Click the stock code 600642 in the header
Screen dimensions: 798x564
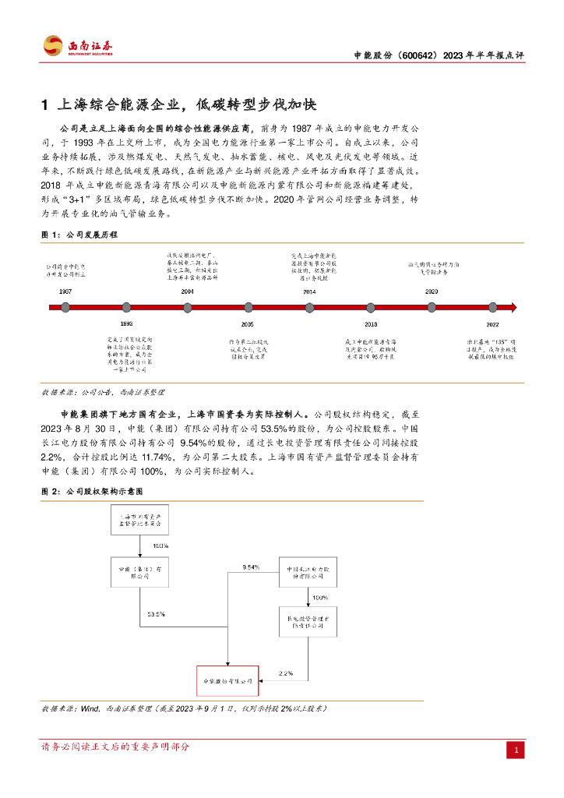[413, 56]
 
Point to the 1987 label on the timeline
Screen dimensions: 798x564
[65, 291]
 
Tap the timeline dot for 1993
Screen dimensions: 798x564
[126, 307]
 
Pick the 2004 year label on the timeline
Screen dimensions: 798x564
[187, 291]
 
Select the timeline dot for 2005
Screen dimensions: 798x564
[249, 307]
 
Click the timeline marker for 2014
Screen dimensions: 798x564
[309, 307]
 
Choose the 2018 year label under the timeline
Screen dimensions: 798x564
[371, 323]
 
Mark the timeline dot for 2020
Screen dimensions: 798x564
[432, 307]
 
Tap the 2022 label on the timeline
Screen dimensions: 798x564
[492, 323]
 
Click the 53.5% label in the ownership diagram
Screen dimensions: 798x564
[156, 614]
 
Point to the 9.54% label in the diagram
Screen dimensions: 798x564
[251, 567]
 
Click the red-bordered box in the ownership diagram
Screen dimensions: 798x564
[226, 681]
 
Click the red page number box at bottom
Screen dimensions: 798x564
[515, 750]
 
